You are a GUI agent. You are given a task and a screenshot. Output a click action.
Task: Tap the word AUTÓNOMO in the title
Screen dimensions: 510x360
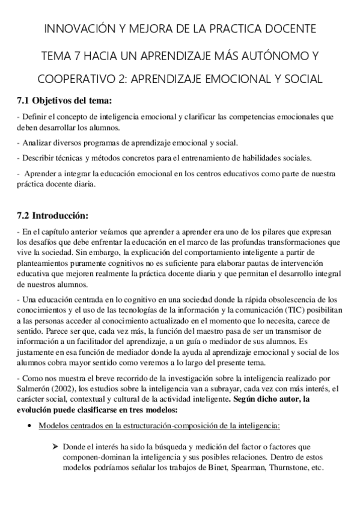[273, 56]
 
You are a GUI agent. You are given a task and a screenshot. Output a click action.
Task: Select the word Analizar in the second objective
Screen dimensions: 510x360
[35, 143]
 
